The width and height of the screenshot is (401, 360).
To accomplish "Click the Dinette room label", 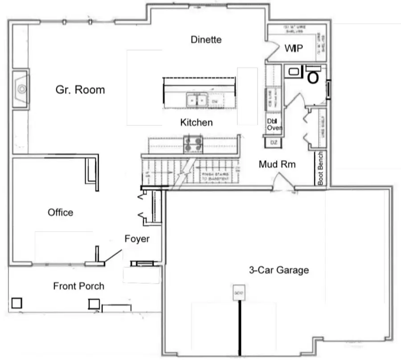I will [206, 39].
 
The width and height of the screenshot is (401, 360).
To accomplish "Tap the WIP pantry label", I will [294, 48].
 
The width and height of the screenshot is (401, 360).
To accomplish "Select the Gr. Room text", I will [80, 90].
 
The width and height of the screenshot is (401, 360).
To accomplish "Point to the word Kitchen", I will [196, 122].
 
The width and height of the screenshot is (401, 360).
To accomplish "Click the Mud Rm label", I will [277, 165].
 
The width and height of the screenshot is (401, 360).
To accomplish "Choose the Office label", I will [61, 212].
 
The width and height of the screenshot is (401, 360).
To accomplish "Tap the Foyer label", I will [137, 239].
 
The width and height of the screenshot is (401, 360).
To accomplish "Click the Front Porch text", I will [79, 286].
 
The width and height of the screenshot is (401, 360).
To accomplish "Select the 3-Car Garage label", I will [278, 270].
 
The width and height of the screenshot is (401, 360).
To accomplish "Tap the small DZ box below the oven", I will [274, 142].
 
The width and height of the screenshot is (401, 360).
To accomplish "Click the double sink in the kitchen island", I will [196, 100].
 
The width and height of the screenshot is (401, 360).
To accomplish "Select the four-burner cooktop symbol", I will [193, 144].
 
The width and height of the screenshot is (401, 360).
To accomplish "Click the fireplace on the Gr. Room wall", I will [20, 89].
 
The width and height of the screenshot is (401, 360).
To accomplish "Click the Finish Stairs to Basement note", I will [216, 176].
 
